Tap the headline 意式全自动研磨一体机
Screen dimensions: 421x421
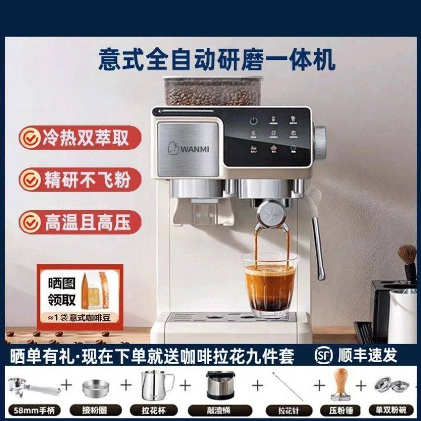tap(217, 59)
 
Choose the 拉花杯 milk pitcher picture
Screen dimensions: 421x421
tap(154, 384)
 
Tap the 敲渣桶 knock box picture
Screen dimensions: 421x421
tap(217, 387)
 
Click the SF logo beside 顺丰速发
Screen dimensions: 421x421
tap(324, 356)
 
